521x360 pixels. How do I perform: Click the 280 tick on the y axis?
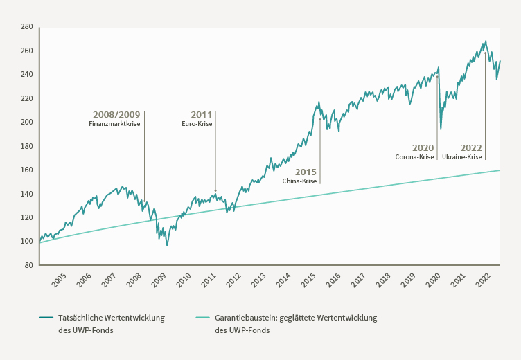pyautogui.click(x=27, y=27)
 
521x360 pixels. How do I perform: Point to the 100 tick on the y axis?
pyautogui.click(x=27, y=242)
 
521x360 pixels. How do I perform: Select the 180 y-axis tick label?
pyautogui.click(x=27, y=146)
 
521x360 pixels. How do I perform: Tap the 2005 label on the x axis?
pyautogui.click(x=60, y=280)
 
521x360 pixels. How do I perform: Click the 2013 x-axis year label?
pyautogui.click(x=258, y=280)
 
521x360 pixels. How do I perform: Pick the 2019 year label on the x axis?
pyautogui.click(x=408, y=280)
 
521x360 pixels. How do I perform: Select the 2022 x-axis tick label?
pyautogui.click(x=483, y=280)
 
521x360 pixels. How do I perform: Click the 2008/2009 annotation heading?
pyautogui.click(x=116, y=114)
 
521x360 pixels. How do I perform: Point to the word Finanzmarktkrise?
pyautogui.click(x=114, y=124)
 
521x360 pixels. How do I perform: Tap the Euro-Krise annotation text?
pyautogui.click(x=197, y=124)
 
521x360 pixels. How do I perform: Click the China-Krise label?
pyautogui.click(x=299, y=181)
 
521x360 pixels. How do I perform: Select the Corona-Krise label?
pyautogui.click(x=414, y=157)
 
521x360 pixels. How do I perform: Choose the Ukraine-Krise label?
pyautogui.click(x=462, y=157)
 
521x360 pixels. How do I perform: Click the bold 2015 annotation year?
pyautogui.click(x=306, y=172)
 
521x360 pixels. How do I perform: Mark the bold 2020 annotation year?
pyautogui.click(x=423, y=147)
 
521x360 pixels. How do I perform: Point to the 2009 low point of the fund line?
pyautogui.click(x=167, y=245)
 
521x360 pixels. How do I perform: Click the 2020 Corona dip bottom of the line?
pyautogui.click(x=441, y=129)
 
